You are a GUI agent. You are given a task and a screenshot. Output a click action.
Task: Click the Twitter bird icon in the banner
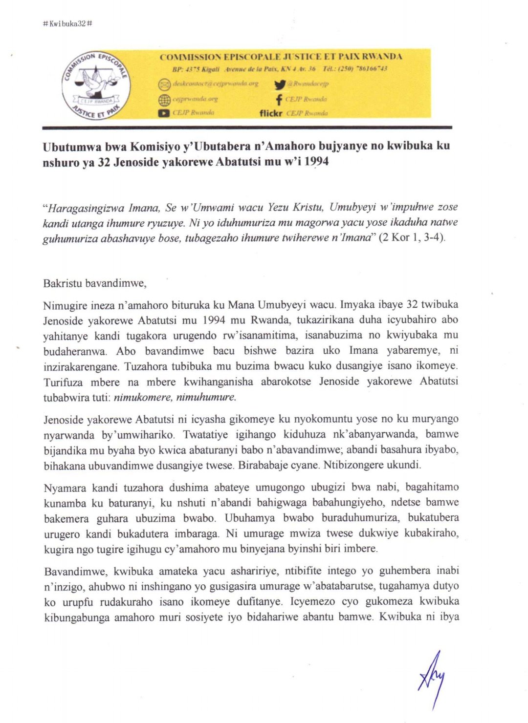pos(280,84)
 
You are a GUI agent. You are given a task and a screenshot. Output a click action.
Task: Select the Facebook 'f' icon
pos(279,99)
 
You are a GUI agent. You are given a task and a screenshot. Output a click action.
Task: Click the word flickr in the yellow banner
pos(271,113)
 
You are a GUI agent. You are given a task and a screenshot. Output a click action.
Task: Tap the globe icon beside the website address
pos(164,99)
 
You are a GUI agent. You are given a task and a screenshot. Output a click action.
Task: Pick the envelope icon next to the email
pos(164,84)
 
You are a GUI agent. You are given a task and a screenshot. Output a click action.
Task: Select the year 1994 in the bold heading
pos(316,162)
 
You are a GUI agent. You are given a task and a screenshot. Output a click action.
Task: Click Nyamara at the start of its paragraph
pos(65,488)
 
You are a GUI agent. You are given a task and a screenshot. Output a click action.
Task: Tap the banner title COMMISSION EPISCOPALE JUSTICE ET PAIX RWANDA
pos(281,57)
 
